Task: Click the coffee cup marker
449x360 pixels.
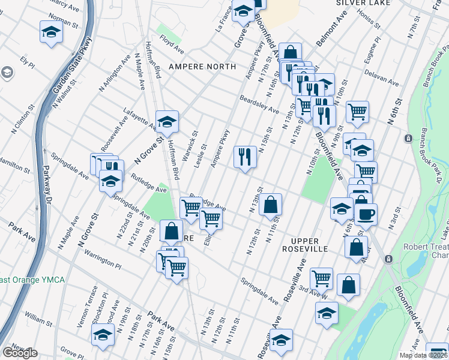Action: click(x=366, y=214)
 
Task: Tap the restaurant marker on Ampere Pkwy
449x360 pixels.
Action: click(x=245, y=157)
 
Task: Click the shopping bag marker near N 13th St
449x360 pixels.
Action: click(x=271, y=205)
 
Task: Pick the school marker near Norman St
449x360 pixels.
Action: click(x=52, y=32)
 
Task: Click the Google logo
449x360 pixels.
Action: click(x=20, y=353)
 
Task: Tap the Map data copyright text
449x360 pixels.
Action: click(x=423, y=355)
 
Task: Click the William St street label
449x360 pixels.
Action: click(x=38, y=318)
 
